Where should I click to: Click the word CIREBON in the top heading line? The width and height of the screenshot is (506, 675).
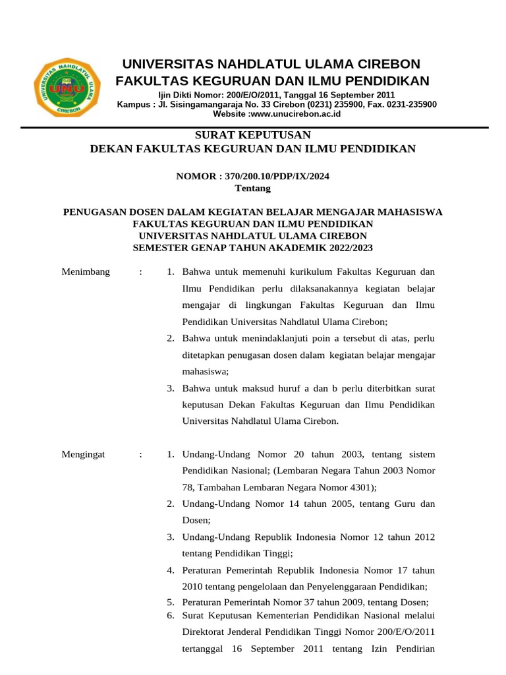click(x=382, y=64)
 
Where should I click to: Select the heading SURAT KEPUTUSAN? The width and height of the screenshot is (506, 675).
click(x=252, y=134)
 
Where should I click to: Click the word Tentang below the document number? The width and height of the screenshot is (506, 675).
click(x=252, y=188)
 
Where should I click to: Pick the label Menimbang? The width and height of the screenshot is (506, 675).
click(x=86, y=272)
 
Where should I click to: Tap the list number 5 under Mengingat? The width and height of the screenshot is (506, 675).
click(x=170, y=602)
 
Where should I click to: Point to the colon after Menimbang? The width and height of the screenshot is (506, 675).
click(x=141, y=272)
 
